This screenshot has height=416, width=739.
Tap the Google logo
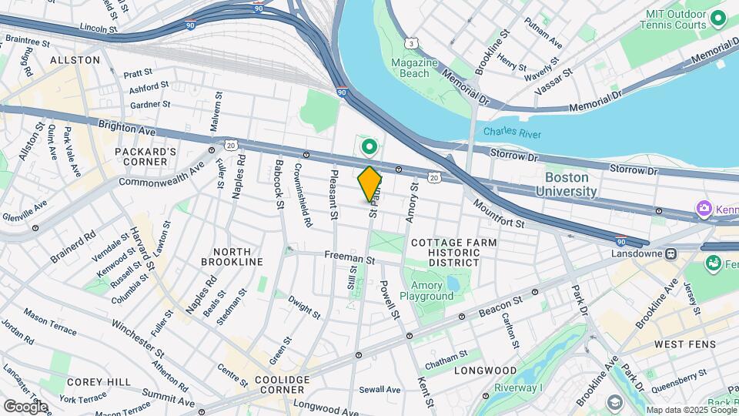(x=25, y=406)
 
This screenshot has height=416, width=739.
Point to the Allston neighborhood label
(x=75, y=59)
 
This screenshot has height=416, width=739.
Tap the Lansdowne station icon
(x=670, y=253)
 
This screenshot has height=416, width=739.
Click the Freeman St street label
(x=349, y=260)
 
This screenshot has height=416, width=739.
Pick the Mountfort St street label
(x=498, y=215)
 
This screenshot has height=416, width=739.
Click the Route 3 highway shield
(x=414, y=42)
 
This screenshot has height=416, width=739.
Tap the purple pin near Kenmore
(x=703, y=209)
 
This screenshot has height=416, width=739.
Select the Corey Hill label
(x=90, y=382)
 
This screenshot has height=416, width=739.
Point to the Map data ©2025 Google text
(x=691, y=410)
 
